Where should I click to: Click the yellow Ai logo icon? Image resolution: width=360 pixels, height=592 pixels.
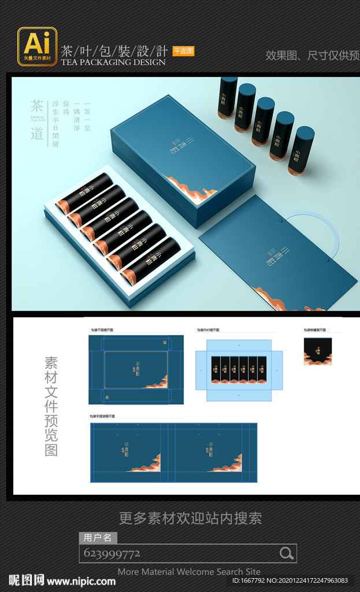tap(37, 45)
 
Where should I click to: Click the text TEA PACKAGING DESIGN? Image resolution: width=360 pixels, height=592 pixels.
tap(113, 62)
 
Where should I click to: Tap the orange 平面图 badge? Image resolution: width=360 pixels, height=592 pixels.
tap(183, 51)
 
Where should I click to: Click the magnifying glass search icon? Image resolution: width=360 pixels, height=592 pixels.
tap(286, 553)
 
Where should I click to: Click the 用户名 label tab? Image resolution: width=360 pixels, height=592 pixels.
tap(98, 538)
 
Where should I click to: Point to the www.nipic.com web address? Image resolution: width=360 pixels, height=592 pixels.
tap(81, 580)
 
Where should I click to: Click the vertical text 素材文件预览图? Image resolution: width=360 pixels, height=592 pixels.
tap(51, 406)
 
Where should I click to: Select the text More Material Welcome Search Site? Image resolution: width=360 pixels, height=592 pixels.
tap(189, 571)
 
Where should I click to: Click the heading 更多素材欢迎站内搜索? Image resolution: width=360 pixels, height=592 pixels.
tap(190, 518)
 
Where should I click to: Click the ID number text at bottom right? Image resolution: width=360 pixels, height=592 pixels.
tap(290, 580)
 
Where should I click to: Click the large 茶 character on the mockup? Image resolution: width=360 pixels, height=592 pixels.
tap(37, 107)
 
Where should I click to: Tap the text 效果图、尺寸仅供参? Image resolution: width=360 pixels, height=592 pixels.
tap(311, 55)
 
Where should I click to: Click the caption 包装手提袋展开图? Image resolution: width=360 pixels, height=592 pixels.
tap(102, 416)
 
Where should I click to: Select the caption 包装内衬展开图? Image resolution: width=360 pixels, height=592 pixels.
tap(208, 330)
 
